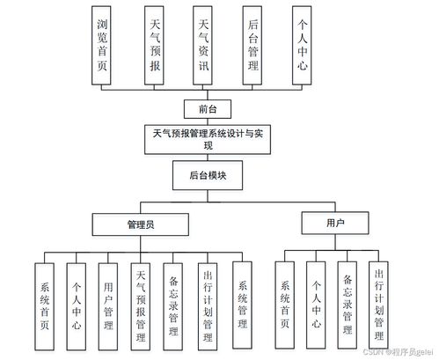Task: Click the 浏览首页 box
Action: coord(101,46)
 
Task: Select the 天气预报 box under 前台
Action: coord(154,46)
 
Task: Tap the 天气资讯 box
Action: coord(202,46)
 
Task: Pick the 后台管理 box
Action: coord(252,46)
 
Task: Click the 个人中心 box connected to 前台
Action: coord(302,46)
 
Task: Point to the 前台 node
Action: coord(208,109)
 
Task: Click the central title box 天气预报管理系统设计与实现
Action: coord(208,140)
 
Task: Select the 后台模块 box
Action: coord(208,175)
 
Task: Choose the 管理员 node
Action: coord(141,224)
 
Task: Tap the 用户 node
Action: coord(335,223)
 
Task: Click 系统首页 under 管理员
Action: coord(45,306)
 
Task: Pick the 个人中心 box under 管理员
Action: coord(77,306)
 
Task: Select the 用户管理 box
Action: coord(108,306)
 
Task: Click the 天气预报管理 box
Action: coord(141,306)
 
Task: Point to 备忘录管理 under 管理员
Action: coord(173,306)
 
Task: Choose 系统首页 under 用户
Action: coord(285,305)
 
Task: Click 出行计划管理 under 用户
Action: coord(378,305)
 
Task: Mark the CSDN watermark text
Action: coord(398,352)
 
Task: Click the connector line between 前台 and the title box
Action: coord(208,122)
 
